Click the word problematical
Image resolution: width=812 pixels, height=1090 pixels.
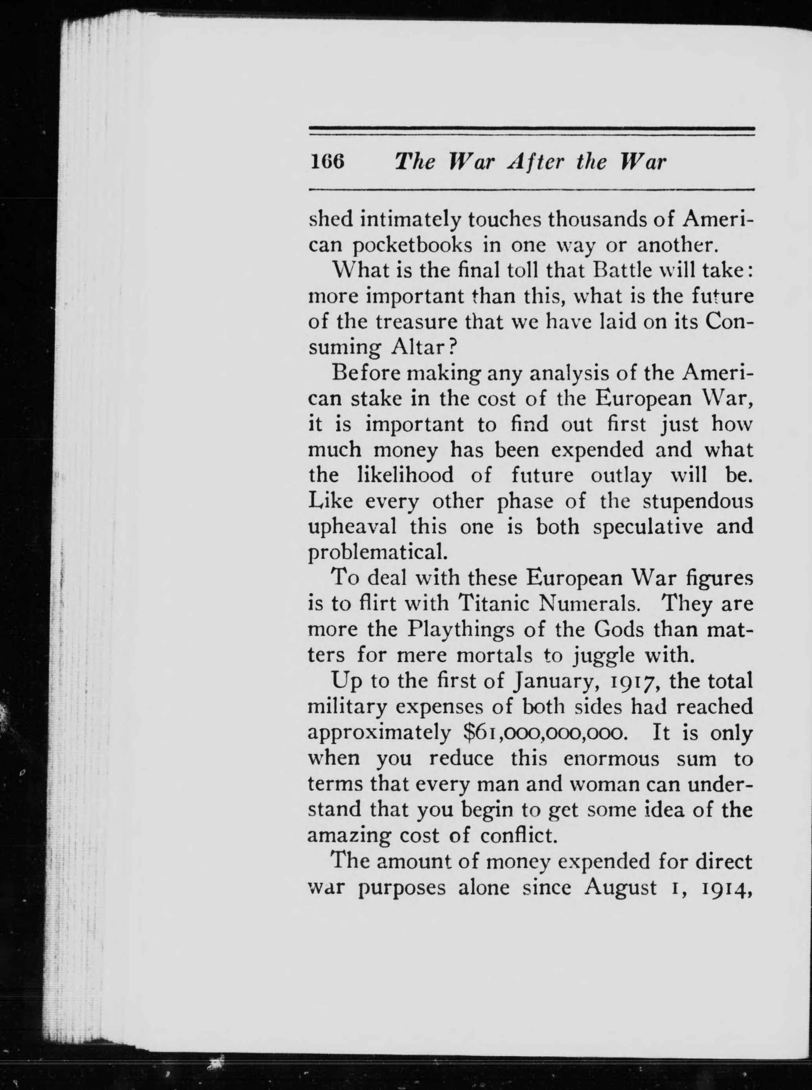(x=377, y=552)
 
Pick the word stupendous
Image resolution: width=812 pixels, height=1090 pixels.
(x=698, y=501)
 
